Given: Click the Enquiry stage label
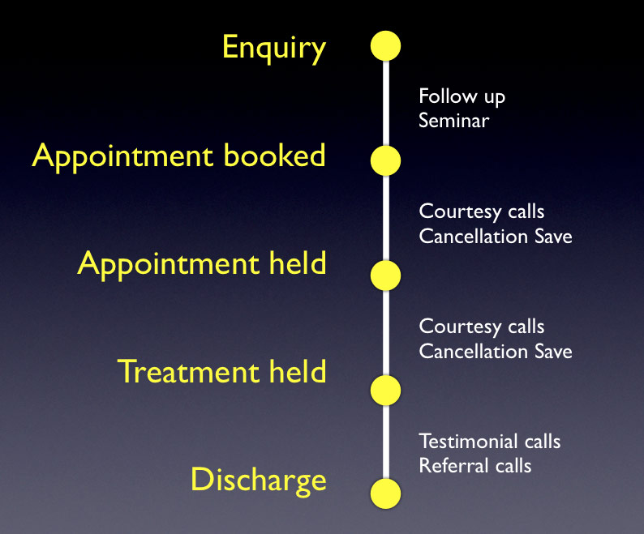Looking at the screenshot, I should pyautogui.click(x=274, y=48).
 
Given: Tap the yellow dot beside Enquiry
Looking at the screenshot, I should pyautogui.click(x=385, y=45).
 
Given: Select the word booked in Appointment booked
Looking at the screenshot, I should pyautogui.click(x=277, y=156).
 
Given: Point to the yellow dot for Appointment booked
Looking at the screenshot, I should pyautogui.click(x=385, y=160).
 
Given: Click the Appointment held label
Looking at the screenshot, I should pyautogui.click(x=201, y=263).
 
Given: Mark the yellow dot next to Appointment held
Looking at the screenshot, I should pyautogui.click(x=385, y=276).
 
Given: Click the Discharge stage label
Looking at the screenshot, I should pyautogui.click(x=258, y=480).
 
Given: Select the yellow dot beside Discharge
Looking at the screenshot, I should pyautogui.click(x=385, y=493).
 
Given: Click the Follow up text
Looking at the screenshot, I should pyautogui.click(x=462, y=97).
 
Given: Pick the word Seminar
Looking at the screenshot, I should pyautogui.click(x=454, y=122).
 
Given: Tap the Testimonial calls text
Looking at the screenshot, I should pyautogui.click(x=489, y=442).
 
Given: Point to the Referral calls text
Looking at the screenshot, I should pyautogui.click(x=474, y=466).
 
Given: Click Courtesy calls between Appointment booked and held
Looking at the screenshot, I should pyautogui.click(x=481, y=212).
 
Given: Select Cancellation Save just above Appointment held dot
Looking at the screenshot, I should pyautogui.click(x=495, y=237).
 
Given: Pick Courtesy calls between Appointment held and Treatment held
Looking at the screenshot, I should pyautogui.click(x=481, y=327).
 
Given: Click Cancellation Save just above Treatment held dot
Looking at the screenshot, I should pyautogui.click(x=495, y=352).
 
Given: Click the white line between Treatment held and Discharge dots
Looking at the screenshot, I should pyautogui.click(x=385, y=442).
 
